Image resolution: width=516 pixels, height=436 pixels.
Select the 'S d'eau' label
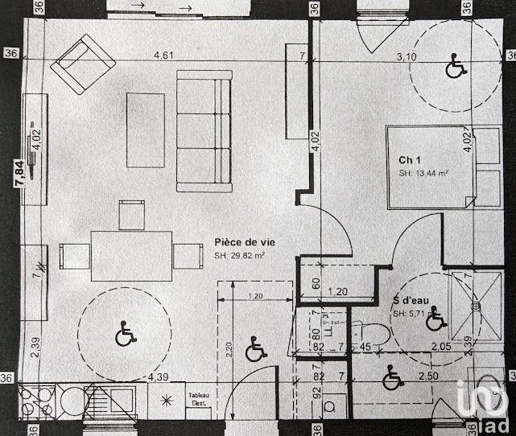pyautogui.click(x=411, y=301)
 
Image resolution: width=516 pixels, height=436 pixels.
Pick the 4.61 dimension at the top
pyautogui.click(x=165, y=56)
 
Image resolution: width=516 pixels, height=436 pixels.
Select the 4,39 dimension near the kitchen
pyautogui.click(x=157, y=376)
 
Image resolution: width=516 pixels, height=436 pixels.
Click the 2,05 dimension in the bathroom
pyautogui.click(x=440, y=347)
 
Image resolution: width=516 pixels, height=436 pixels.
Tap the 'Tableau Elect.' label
pyautogui.click(x=199, y=398)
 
